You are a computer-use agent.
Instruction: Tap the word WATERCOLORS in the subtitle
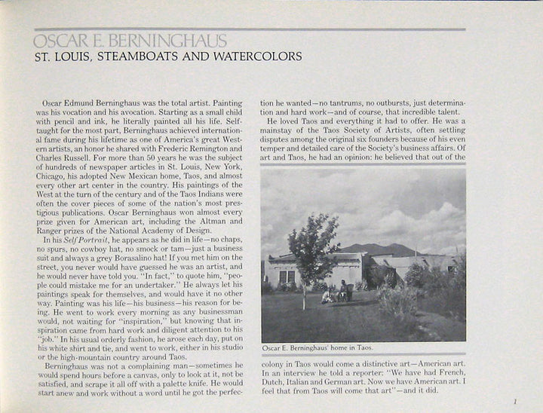[256, 57]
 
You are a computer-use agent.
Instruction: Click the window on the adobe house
[287, 277]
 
